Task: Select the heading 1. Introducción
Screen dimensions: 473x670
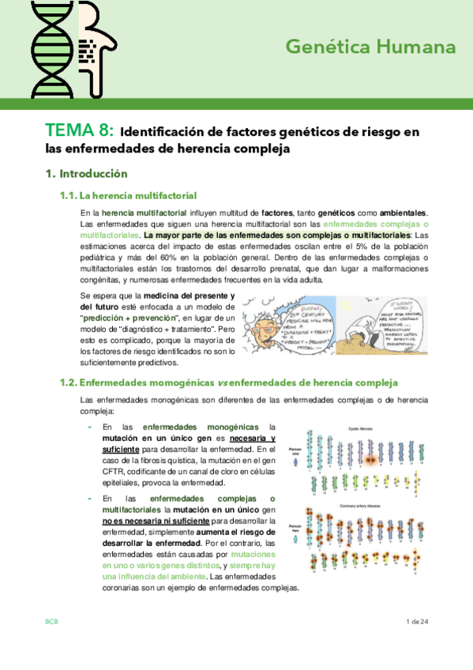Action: pos(86,173)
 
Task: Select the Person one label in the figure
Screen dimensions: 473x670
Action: pos(295,456)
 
